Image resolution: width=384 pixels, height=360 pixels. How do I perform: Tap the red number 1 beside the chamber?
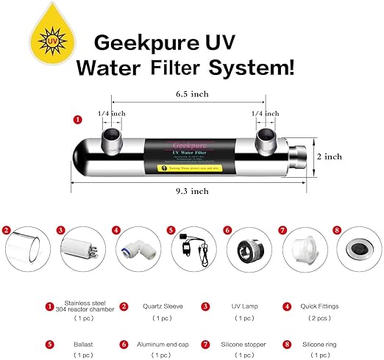click(77, 118)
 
